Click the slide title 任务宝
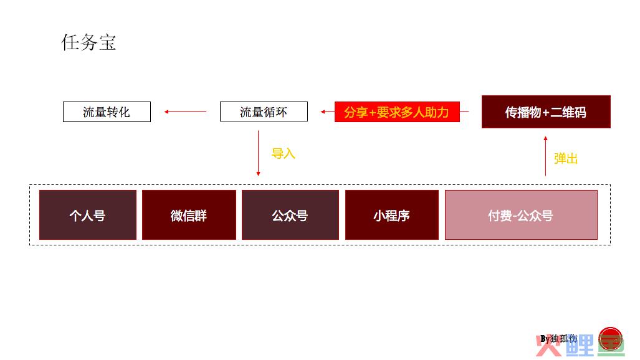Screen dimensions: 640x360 (x=88, y=42)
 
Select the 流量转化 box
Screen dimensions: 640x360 (x=107, y=112)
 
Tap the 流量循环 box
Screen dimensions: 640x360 (x=264, y=112)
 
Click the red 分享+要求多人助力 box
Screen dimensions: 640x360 (x=397, y=112)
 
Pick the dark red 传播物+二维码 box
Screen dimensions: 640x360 (x=546, y=112)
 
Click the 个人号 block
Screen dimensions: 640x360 (x=88, y=215)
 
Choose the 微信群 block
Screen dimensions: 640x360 (x=189, y=215)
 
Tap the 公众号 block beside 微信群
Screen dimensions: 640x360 (x=290, y=215)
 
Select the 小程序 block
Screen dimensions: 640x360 (x=392, y=215)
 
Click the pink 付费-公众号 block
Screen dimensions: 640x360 (x=521, y=215)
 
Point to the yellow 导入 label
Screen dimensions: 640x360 (x=284, y=154)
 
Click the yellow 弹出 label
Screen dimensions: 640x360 (x=566, y=158)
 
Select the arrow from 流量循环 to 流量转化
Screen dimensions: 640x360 (x=185, y=111)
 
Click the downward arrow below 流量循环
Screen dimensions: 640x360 (x=258, y=153)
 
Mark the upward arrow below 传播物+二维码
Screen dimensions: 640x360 (x=546, y=156)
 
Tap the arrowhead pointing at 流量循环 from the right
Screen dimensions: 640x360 (x=323, y=111)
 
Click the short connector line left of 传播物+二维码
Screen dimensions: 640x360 (x=464, y=111)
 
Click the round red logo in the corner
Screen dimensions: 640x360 (x=611, y=338)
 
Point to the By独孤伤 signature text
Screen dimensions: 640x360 (x=559, y=339)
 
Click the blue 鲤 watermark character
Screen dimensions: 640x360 (x=580, y=345)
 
